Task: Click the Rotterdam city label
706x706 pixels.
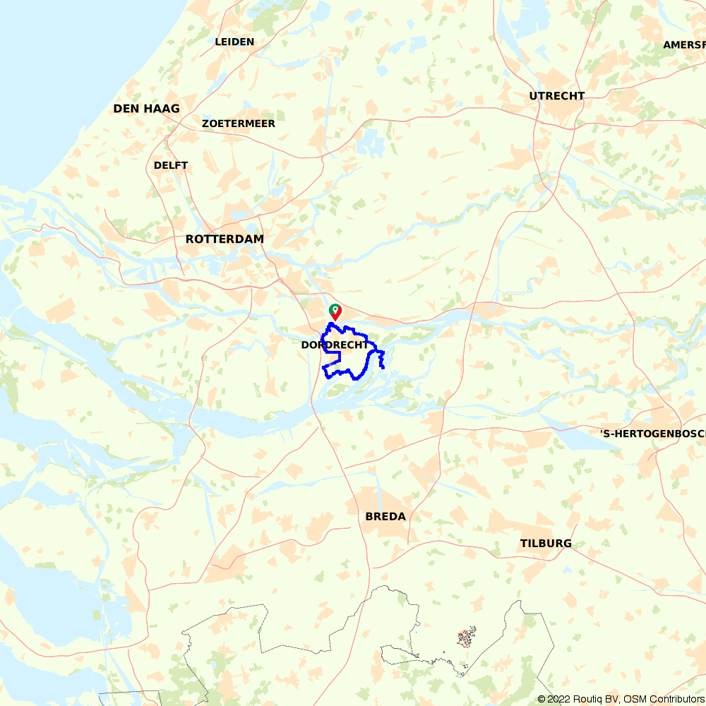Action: point(225,239)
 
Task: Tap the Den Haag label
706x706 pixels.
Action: point(146,109)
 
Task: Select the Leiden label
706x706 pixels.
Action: point(234,42)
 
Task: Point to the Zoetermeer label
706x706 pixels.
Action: point(238,124)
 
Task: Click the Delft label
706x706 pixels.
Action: point(171,165)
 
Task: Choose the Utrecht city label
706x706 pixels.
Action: point(557,96)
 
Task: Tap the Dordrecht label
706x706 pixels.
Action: point(335,345)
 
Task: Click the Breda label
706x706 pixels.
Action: point(385,517)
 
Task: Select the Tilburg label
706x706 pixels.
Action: point(546,544)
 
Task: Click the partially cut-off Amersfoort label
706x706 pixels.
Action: point(684,45)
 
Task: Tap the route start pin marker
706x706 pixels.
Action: point(335,311)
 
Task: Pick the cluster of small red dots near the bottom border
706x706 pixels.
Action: point(465,639)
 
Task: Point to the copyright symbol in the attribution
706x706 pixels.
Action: point(542,699)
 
